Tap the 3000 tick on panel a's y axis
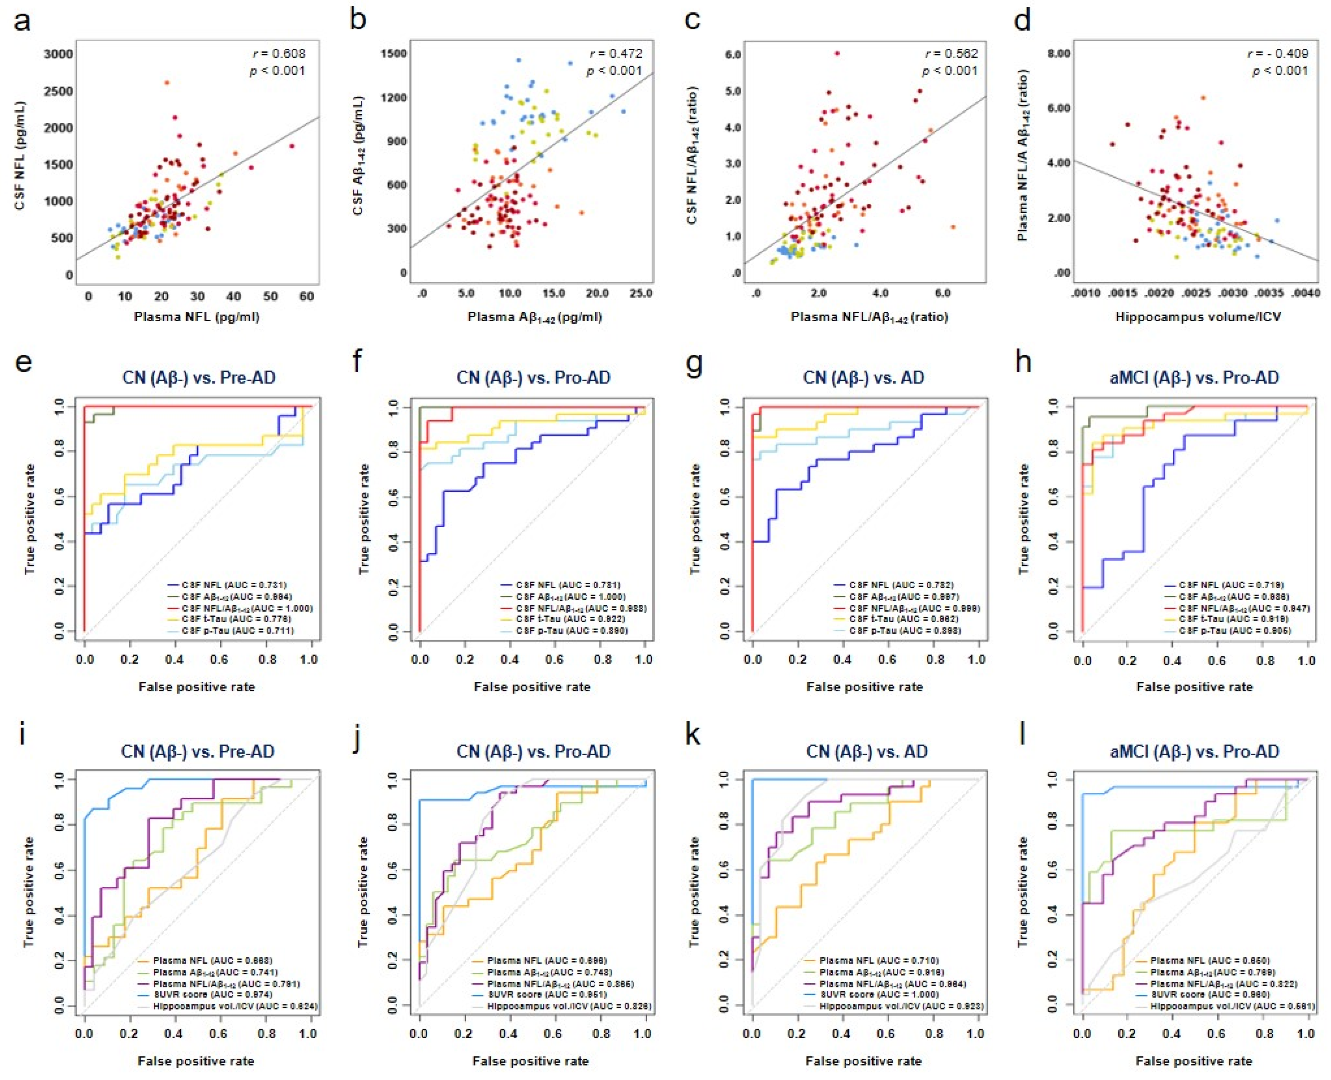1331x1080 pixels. click(59, 54)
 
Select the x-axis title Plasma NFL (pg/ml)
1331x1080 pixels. click(196, 317)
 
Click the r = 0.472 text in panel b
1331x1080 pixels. click(616, 54)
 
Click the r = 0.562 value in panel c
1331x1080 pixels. click(951, 54)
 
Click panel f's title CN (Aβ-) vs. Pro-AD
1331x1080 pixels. click(534, 378)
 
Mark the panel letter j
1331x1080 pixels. click(356, 736)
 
